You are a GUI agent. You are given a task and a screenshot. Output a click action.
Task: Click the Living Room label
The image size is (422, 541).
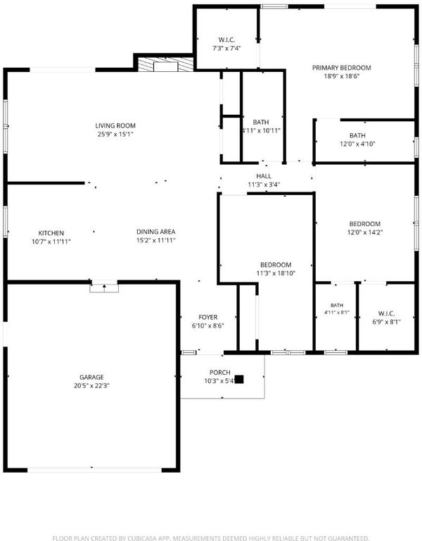click(x=115, y=125)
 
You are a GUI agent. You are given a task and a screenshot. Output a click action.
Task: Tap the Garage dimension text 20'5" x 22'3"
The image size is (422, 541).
click(x=91, y=386)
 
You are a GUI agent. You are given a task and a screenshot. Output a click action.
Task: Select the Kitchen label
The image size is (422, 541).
click(x=51, y=233)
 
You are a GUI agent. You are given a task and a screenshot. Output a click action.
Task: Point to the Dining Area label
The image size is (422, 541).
click(x=155, y=232)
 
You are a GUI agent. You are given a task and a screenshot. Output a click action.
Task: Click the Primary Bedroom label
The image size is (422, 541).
click(x=341, y=68)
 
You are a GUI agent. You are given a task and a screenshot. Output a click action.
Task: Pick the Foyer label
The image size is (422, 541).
click(x=207, y=318)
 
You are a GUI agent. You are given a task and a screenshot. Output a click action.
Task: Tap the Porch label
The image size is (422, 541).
click(x=219, y=373)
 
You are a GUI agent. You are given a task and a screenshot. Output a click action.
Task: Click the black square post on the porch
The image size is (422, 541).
click(x=239, y=380)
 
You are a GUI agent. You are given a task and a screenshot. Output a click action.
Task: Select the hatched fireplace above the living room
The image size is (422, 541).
click(x=166, y=65)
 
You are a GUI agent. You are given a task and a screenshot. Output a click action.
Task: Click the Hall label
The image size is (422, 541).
click(x=264, y=176)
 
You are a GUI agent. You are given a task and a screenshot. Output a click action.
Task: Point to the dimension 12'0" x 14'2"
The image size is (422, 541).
click(x=365, y=232)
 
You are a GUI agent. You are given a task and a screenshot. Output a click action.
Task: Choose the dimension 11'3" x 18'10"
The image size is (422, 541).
click(x=276, y=273)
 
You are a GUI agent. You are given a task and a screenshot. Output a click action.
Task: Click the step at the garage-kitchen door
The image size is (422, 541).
click(x=104, y=288)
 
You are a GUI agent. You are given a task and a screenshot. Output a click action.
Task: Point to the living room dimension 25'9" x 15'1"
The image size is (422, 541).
click(x=115, y=135)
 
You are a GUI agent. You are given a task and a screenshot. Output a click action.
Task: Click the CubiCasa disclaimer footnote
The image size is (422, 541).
click(x=211, y=538)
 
